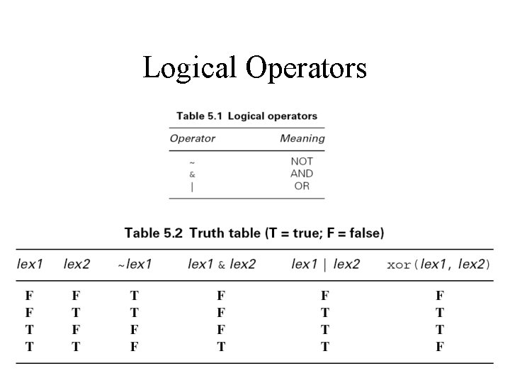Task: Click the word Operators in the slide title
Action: [306, 68]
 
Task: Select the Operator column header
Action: [192, 138]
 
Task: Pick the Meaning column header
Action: [302, 138]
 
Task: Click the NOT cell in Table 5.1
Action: [302, 161]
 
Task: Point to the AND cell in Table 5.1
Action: [302, 174]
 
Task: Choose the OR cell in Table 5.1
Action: [302, 187]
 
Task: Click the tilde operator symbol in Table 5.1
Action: [192, 162]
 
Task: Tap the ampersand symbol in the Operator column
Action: [192, 174]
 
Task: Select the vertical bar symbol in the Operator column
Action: [192, 187]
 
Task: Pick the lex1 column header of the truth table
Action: [30, 265]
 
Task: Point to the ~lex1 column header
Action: [135, 265]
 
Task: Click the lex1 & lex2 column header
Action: [222, 265]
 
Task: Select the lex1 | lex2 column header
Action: [325, 265]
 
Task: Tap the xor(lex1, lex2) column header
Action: [438, 265]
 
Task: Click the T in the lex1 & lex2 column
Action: [221, 347]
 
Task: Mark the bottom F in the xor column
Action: [440, 347]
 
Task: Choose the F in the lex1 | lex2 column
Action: [324, 295]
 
